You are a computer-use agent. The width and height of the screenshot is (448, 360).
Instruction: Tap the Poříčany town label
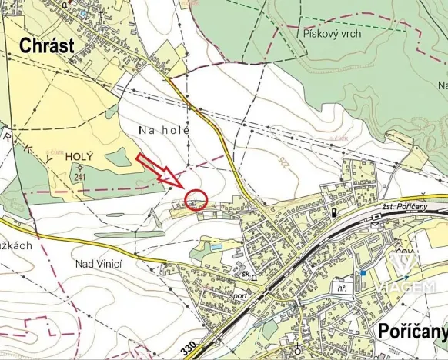(411, 332)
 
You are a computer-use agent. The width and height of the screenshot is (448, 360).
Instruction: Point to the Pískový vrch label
(332, 34)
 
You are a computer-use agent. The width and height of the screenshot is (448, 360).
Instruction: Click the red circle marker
(196, 200)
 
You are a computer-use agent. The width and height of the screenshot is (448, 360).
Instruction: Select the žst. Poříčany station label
(403, 207)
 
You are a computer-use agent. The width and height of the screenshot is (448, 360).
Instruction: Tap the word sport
(238, 295)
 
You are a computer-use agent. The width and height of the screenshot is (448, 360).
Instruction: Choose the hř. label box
(341, 288)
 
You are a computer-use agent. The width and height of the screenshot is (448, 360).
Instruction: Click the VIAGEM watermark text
(404, 287)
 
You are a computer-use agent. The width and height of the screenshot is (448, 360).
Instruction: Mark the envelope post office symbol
(375, 225)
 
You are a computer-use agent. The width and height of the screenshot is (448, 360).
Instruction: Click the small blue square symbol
(363, 272)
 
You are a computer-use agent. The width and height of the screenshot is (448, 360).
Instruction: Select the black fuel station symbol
(333, 212)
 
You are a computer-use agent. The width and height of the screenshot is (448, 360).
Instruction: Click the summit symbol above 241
(79, 166)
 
